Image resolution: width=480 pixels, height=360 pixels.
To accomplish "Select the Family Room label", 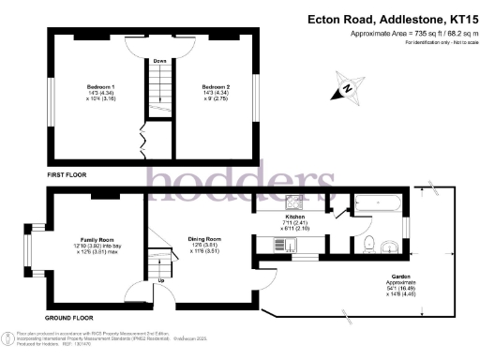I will click(92, 240).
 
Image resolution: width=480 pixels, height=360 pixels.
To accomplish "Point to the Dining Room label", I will click(204, 240).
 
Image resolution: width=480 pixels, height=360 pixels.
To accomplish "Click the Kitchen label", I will click(296, 217).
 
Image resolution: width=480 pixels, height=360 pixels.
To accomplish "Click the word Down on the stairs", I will click(160, 62).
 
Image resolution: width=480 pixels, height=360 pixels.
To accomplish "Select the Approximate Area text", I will click(406, 34).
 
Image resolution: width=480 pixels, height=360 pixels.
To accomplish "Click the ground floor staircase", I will click(166, 258).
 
